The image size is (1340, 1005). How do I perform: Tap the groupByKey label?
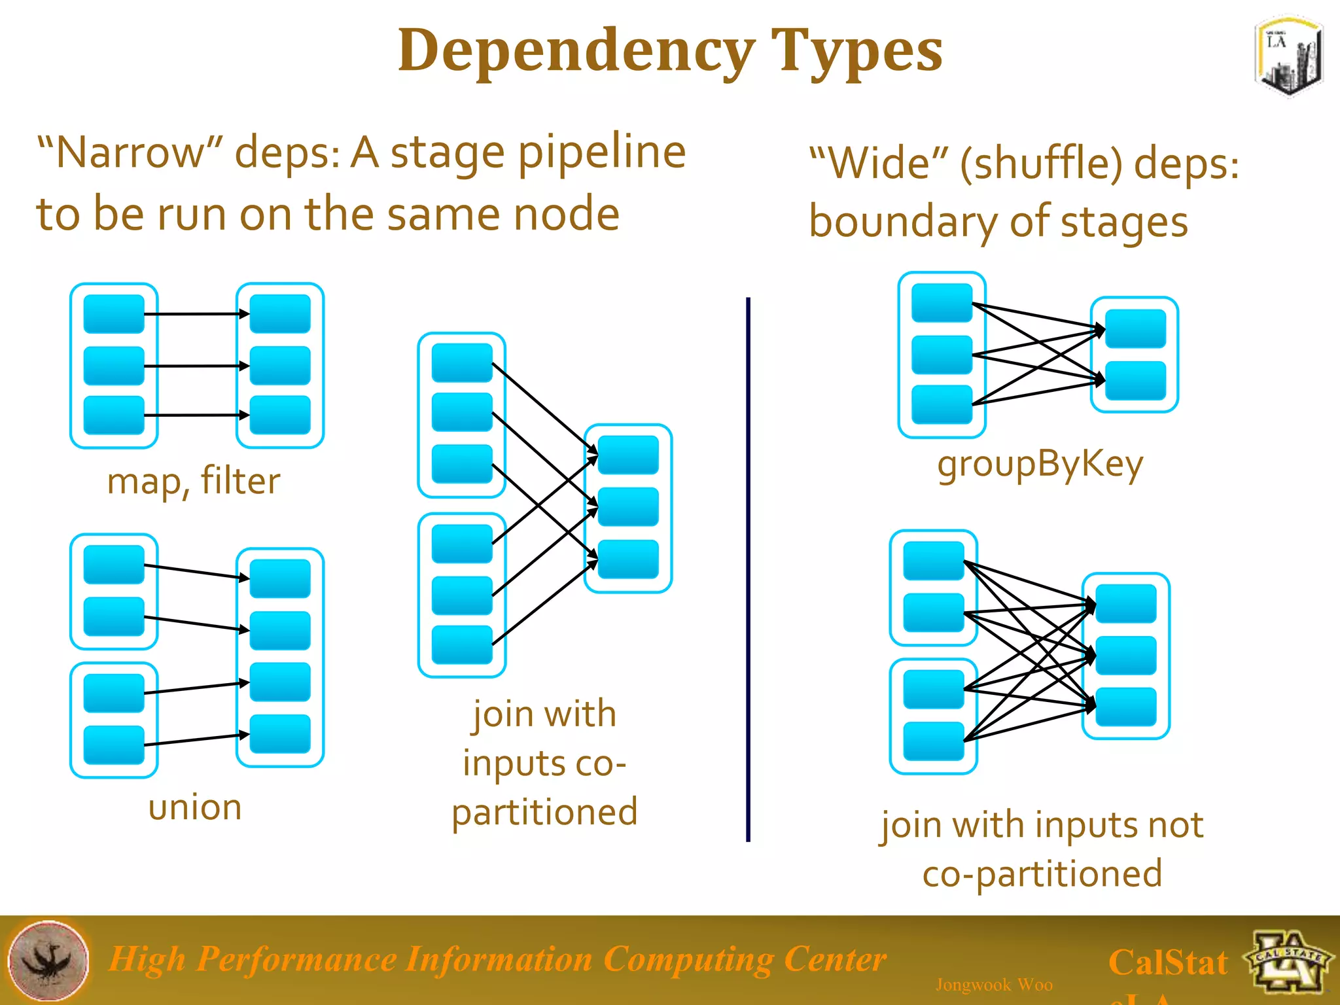pyautogui.click(x=1040, y=464)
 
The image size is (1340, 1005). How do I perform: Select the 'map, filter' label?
pyautogui.click(x=194, y=481)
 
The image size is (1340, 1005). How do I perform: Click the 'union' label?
pyautogui.click(x=195, y=807)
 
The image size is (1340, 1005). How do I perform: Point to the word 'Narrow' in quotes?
pyautogui.click(x=131, y=152)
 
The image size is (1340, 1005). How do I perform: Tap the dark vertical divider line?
pyautogui.click(x=748, y=569)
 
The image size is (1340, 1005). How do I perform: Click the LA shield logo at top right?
pyautogui.click(x=1288, y=58)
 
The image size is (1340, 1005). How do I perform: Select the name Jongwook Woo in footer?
pyautogui.click(x=994, y=984)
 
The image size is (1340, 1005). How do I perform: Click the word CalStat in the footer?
pyautogui.click(x=1168, y=962)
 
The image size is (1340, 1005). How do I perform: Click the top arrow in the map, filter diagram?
pyautogui.click(x=196, y=314)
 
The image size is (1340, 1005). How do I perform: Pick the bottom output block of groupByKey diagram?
pyautogui.click(x=1135, y=380)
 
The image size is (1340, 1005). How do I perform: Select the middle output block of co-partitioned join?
pyautogui.click(x=628, y=507)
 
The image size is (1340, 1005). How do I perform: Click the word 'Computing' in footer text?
pyautogui.click(x=688, y=959)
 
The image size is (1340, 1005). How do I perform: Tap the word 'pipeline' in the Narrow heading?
pyautogui.click(x=602, y=152)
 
